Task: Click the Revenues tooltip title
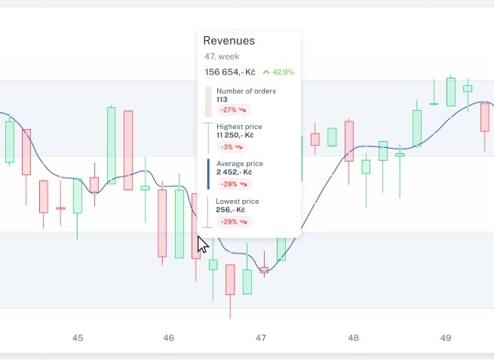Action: (229, 41)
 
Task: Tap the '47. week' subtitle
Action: (222, 57)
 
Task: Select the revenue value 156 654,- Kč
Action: (230, 72)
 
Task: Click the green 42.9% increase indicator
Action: (278, 72)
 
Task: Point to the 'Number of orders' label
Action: (247, 91)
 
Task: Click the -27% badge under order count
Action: (234, 109)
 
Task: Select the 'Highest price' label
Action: (239, 127)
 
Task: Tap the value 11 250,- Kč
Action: (235, 135)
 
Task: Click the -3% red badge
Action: (232, 147)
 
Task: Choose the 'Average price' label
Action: (240, 164)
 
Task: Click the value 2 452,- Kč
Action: (234, 172)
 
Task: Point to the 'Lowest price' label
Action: (238, 201)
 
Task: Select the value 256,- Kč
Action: (230, 210)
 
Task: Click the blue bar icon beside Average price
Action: (208, 174)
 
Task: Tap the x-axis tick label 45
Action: (78, 338)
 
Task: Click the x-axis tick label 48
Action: (353, 338)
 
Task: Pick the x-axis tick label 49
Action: (446, 338)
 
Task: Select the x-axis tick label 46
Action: (168, 338)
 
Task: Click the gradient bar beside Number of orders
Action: (208, 101)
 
